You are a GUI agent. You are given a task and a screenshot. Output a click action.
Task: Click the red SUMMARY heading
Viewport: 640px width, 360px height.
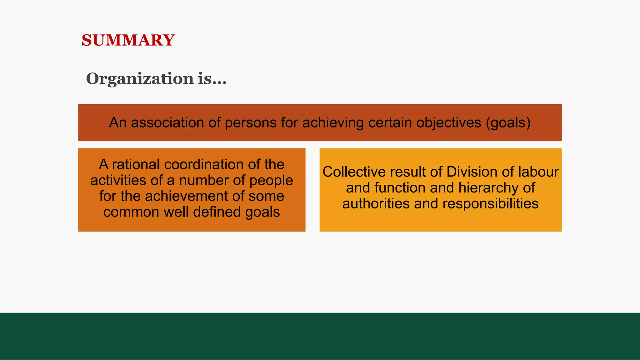(128, 40)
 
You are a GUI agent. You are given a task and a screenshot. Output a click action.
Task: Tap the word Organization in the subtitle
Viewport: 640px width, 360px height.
(140, 78)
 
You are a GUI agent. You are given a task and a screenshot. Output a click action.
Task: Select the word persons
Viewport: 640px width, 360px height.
(251, 122)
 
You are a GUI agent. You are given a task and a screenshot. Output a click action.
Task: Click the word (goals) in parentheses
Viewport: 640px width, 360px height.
(508, 122)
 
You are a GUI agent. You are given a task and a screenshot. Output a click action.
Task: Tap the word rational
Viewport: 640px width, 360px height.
(136, 164)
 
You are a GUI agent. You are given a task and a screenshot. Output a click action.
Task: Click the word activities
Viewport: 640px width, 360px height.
(118, 180)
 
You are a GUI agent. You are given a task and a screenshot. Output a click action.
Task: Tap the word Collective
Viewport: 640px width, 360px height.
(354, 172)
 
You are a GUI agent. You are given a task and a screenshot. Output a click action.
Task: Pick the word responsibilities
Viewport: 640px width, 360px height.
(490, 204)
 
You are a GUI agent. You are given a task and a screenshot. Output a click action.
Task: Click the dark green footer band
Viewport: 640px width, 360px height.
(320, 336)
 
